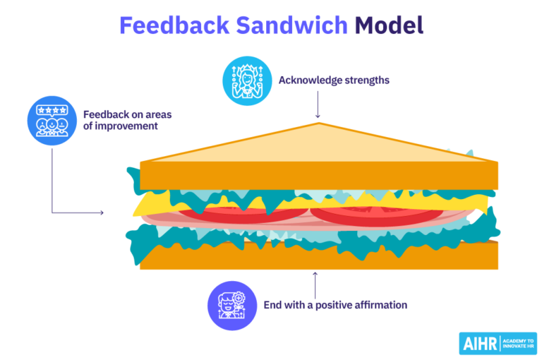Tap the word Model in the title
click(389, 25)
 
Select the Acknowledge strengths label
click(334, 80)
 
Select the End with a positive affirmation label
click(335, 305)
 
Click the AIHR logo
click(498, 343)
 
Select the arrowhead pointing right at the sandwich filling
click(101, 212)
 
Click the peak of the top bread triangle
click(318, 125)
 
